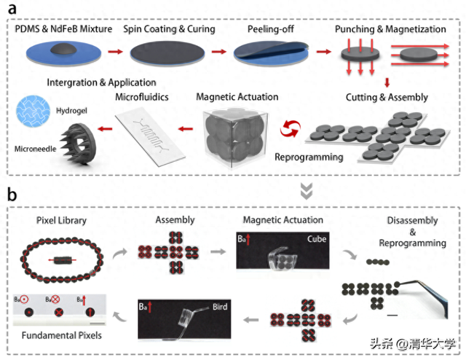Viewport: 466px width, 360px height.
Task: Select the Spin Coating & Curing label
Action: (173, 28)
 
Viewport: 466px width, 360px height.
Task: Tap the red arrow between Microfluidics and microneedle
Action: (108, 127)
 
